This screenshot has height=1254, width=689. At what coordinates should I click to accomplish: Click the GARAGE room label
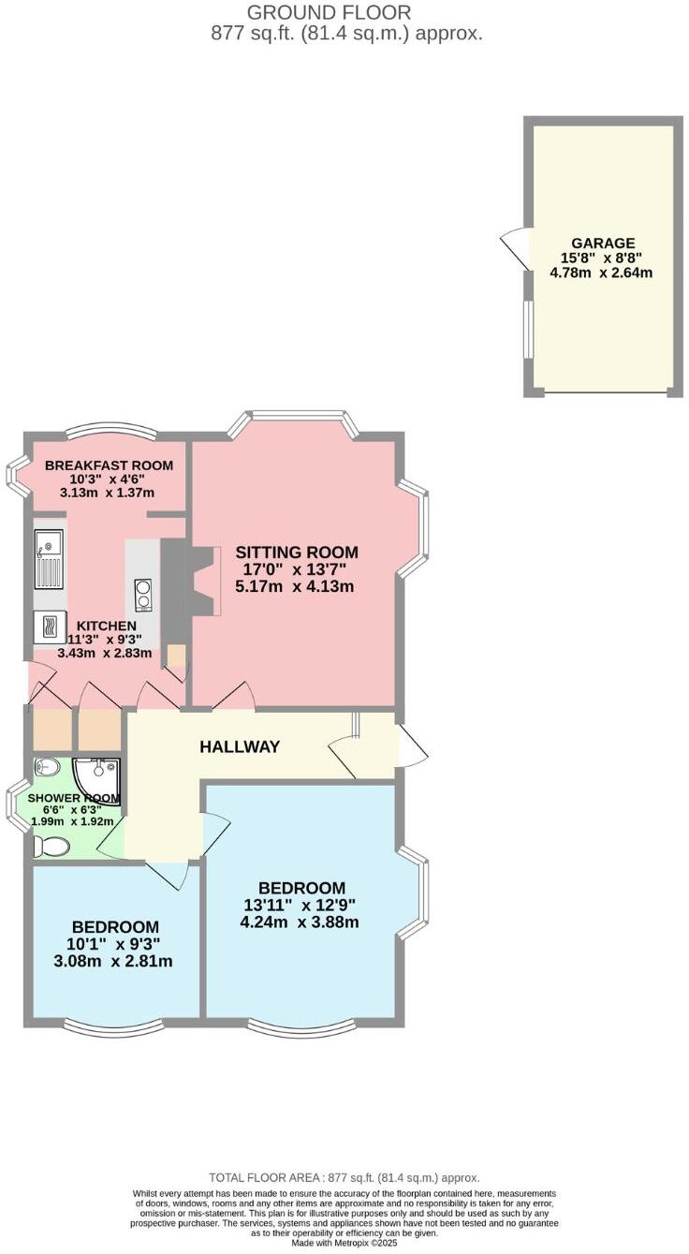pos(604,243)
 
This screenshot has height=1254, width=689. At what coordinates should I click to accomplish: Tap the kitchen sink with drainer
pos(49,559)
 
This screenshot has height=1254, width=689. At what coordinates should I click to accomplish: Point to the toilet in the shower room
pos(51,847)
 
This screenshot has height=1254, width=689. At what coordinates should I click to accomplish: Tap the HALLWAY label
pos(240,747)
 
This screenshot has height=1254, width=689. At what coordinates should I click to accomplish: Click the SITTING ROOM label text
pos(296,553)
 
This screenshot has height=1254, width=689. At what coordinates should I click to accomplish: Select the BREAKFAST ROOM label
pos(109,465)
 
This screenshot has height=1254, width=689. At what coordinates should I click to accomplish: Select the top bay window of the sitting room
pos(292,419)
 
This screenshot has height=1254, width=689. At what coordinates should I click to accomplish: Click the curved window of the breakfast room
pos(110,430)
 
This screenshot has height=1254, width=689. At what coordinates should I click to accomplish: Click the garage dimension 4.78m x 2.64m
pos(601,273)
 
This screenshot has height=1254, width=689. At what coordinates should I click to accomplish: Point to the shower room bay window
pos(16,804)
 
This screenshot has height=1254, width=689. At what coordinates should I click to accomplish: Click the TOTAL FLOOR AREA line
pos(344,1177)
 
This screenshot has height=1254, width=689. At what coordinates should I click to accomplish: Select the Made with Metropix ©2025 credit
pos(344,1243)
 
